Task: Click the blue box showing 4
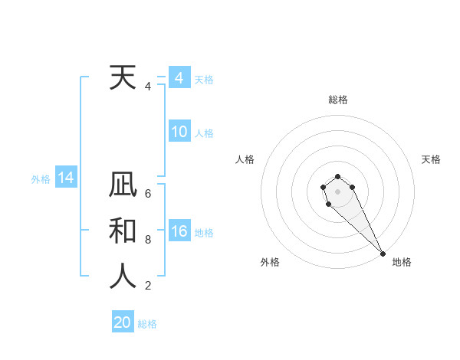click(x=179, y=78)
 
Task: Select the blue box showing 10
click(x=179, y=132)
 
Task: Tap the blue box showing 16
click(x=179, y=231)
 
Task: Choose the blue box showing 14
click(x=65, y=178)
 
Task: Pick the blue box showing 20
click(x=123, y=322)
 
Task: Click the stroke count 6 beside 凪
click(x=148, y=194)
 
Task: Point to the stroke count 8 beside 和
click(x=148, y=240)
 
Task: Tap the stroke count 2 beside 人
click(x=148, y=286)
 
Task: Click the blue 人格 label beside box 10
click(x=204, y=133)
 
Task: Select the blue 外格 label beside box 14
click(x=41, y=179)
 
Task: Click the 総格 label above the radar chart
click(x=338, y=100)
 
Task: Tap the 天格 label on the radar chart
click(x=432, y=159)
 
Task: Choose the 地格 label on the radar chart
click(x=402, y=262)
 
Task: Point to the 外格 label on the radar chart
click(x=270, y=262)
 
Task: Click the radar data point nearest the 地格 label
click(x=383, y=254)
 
